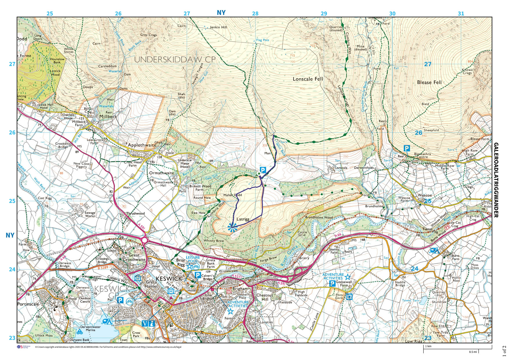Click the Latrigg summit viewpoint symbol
tap(232, 227)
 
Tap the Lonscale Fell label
tap(308, 79)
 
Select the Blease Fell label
tap(429, 82)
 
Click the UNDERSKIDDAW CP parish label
tap(175, 59)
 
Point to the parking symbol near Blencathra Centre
tap(407, 149)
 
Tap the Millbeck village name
tap(108, 116)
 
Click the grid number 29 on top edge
tap(324, 14)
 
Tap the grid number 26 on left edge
tap(12, 133)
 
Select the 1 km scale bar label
tap(428, 346)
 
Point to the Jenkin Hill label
tap(218, 27)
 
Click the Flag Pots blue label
tap(262, 40)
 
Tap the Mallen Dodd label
tap(232, 195)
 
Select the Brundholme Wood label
tap(319, 217)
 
